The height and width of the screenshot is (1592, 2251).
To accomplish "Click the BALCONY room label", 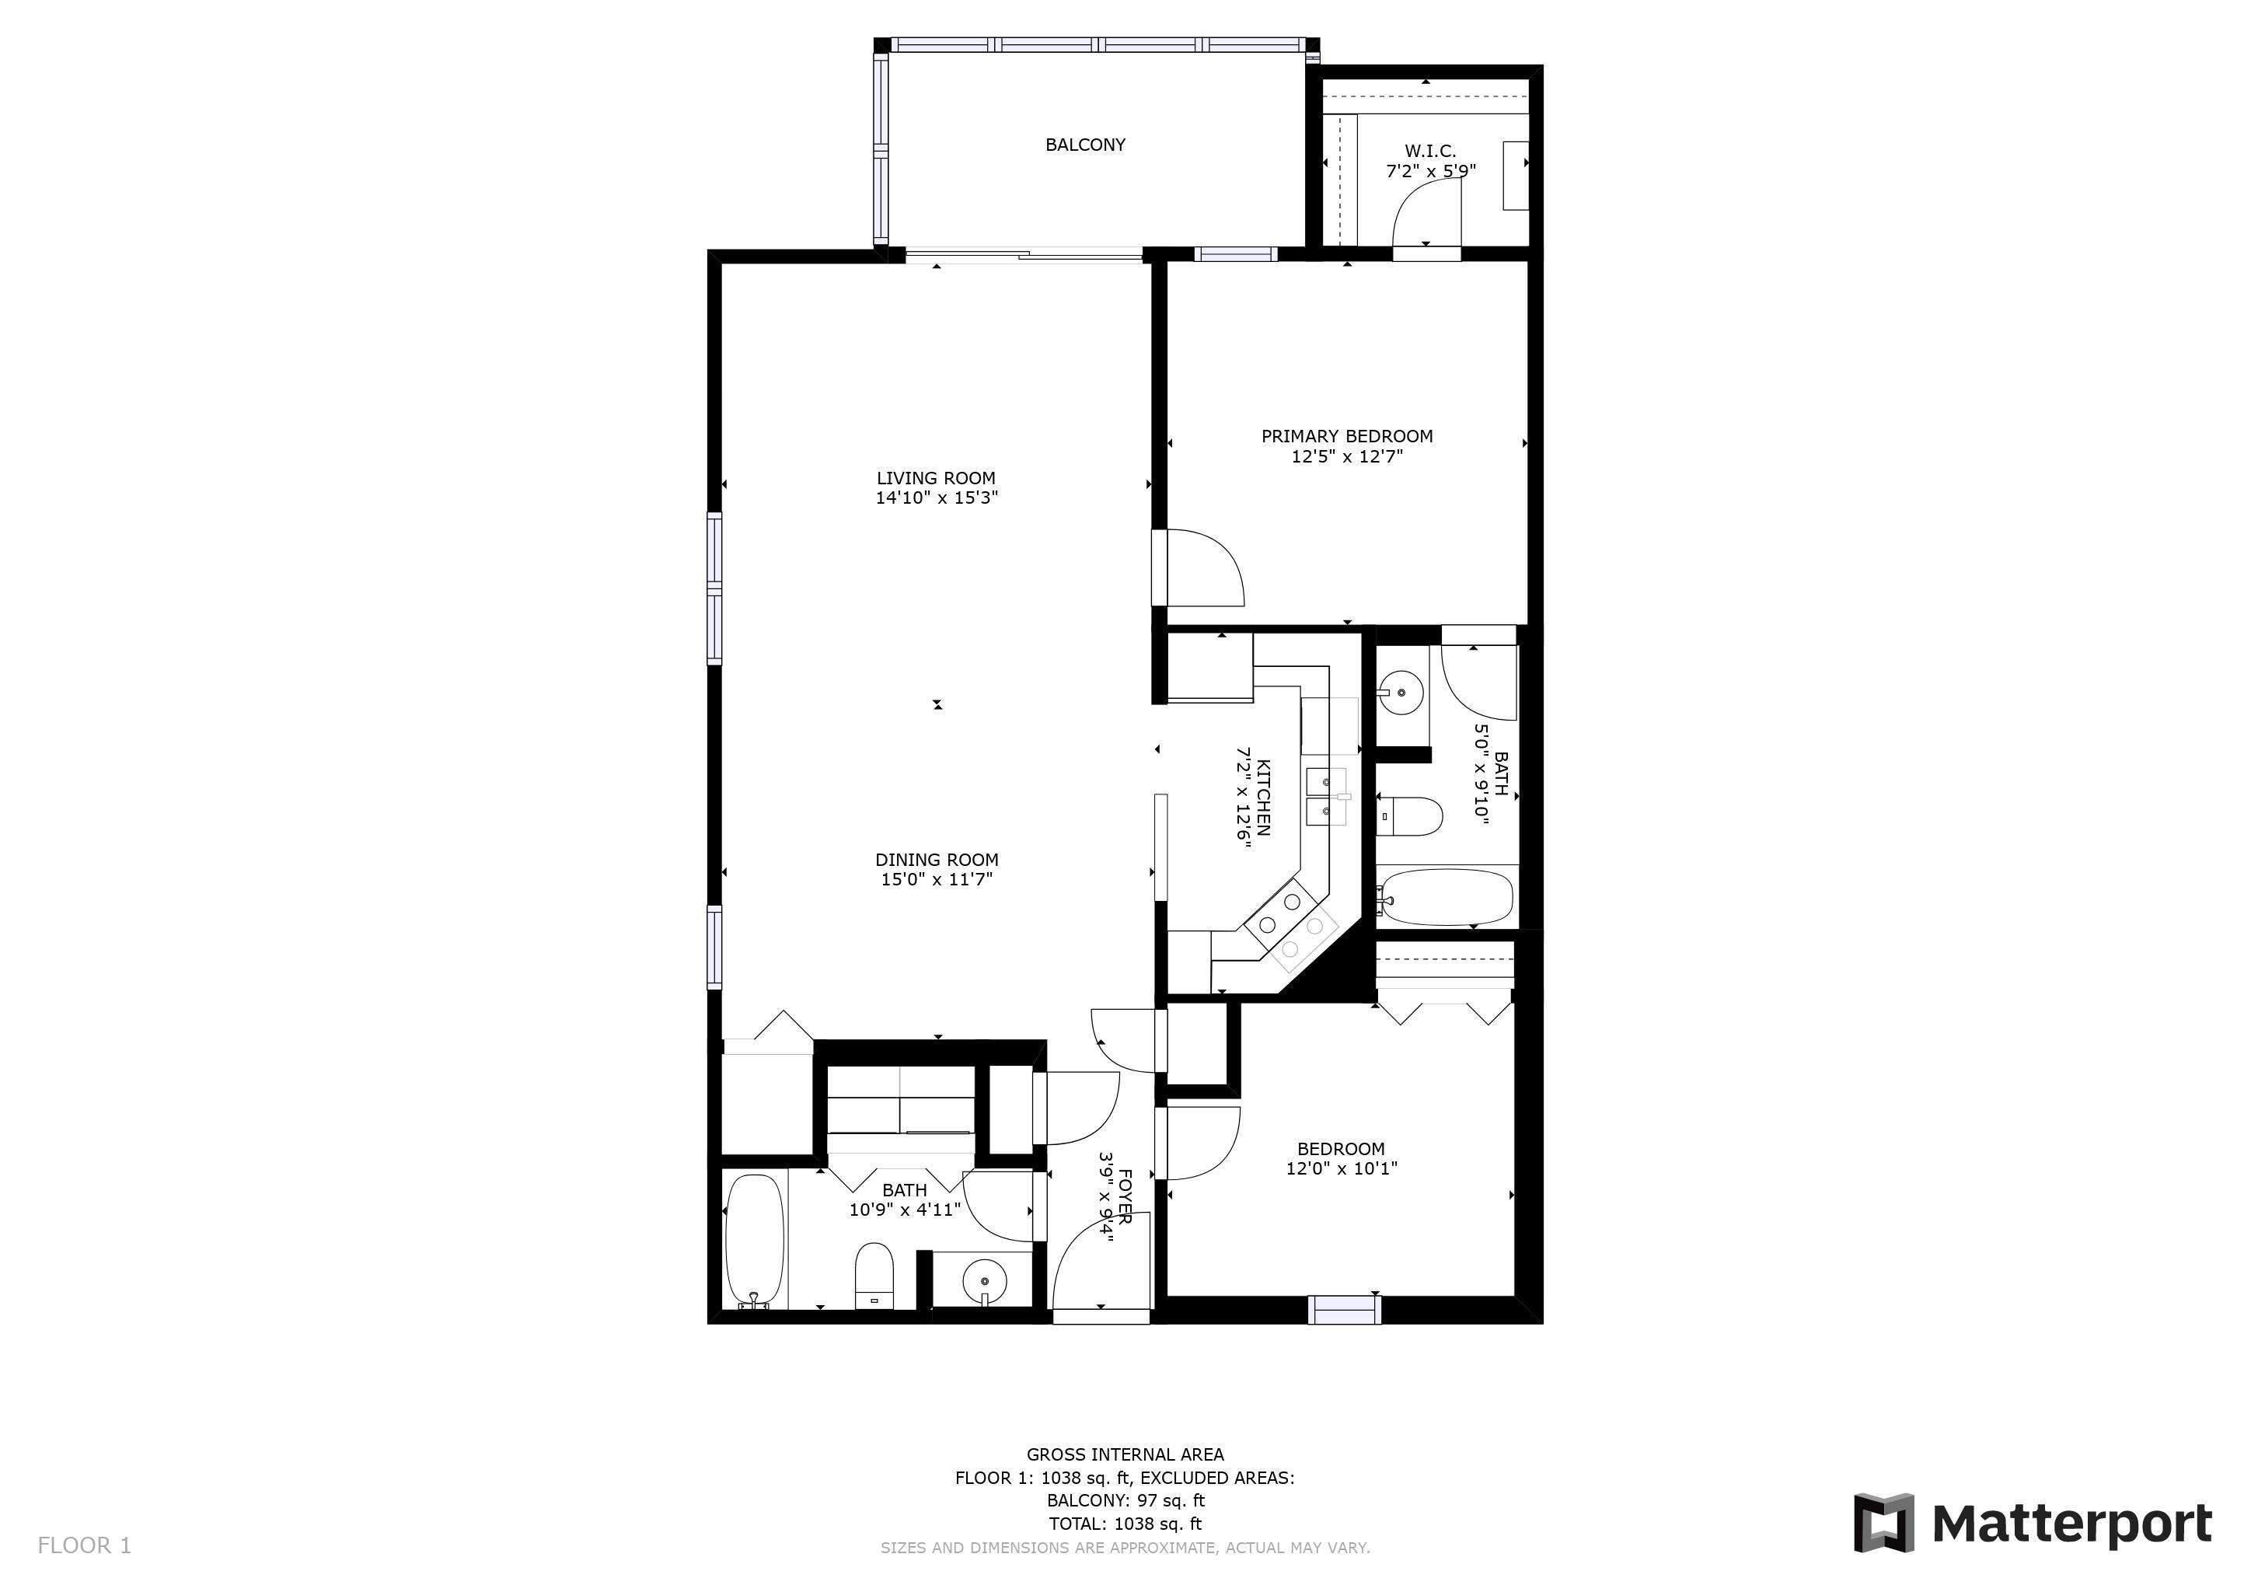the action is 1084,145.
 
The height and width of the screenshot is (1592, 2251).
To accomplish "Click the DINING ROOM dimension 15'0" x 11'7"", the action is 937,879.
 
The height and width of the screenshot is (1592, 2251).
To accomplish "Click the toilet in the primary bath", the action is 1410,815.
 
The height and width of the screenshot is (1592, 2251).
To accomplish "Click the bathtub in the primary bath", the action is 1445,897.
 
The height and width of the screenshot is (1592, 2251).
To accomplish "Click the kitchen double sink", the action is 1328,798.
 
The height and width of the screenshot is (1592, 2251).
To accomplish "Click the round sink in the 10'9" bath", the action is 984,1280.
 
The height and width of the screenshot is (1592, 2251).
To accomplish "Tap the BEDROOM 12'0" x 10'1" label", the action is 1341,1159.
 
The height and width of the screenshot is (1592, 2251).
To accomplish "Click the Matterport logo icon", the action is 1883,1522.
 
